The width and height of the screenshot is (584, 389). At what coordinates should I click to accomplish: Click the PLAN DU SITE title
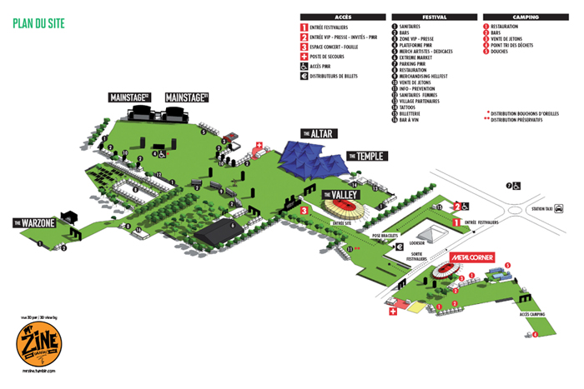[39, 22]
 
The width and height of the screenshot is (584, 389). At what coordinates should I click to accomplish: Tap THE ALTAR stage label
[317, 133]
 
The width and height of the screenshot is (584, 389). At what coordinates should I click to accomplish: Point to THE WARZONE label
[33, 223]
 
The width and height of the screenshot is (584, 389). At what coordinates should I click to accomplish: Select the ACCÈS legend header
[342, 16]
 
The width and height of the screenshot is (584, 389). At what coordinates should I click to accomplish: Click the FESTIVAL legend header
[434, 16]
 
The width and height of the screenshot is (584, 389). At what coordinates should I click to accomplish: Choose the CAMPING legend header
[523, 16]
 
